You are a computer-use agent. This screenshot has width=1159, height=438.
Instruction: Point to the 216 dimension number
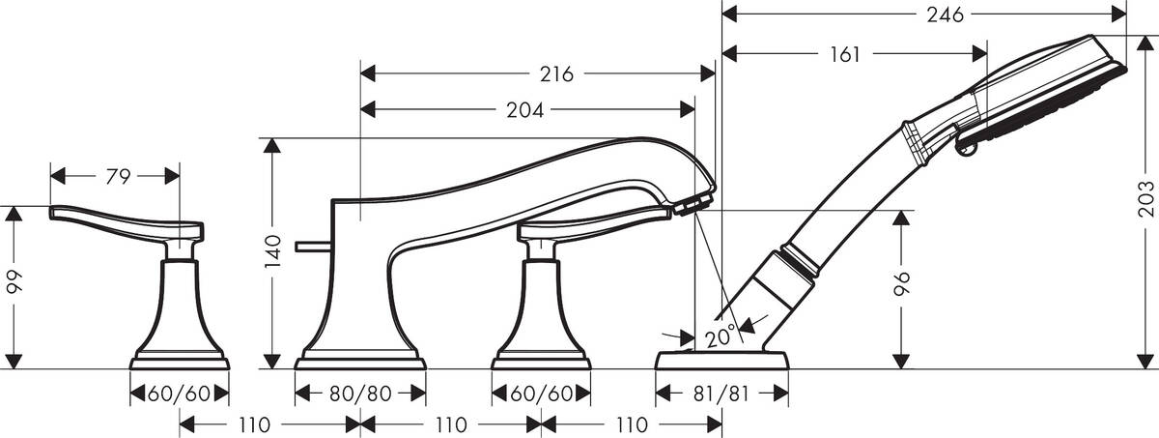pyautogui.click(x=556, y=74)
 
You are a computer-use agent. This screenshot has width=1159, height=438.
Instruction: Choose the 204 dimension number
pyautogui.click(x=525, y=110)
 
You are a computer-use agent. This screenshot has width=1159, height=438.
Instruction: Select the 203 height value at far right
pyautogui.click(x=1146, y=201)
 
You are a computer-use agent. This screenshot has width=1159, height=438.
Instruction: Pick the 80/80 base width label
pyautogui.click(x=359, y=394)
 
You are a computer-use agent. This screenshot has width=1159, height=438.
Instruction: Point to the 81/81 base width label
pyautogui.click(x=721, y=394)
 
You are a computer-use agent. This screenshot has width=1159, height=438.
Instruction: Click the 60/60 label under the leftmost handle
pyautogui.click(x=180, y=394)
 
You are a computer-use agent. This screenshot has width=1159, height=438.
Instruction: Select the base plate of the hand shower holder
pyautogui.click(x=721, y=361)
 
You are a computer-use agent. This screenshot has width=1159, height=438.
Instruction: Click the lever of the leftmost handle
pyautogui.click(x=116, y=219)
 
